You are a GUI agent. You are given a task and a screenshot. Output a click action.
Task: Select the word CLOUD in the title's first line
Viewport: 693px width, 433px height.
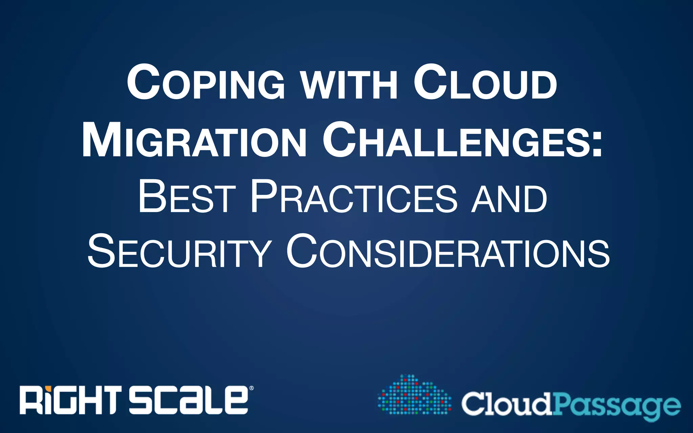(485, 83)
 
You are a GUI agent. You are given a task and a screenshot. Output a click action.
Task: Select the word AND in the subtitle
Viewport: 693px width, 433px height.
(509, 200)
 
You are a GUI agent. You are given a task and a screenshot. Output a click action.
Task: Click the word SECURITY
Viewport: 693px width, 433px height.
(179, 252)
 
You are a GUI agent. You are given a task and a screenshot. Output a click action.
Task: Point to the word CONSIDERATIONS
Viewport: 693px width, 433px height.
(448, 252)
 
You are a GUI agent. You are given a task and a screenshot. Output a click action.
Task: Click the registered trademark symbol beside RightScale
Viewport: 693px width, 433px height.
(251, 388)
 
